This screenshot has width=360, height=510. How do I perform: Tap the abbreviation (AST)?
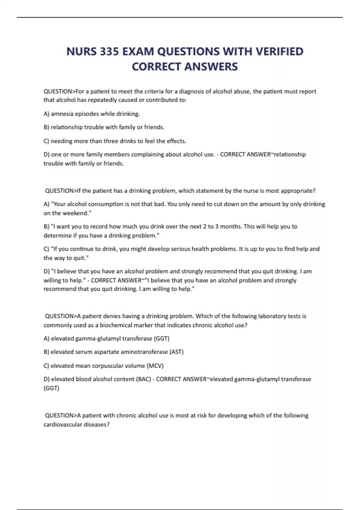(x=176, y=352)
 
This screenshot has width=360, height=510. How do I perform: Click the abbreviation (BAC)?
(x=144, y=379)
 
